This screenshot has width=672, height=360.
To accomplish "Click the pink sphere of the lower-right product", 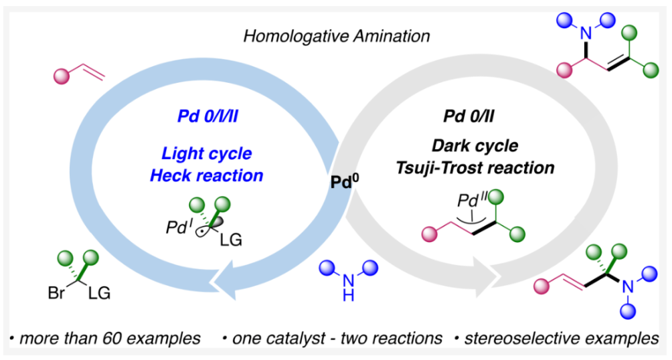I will (x=545, y=286).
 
